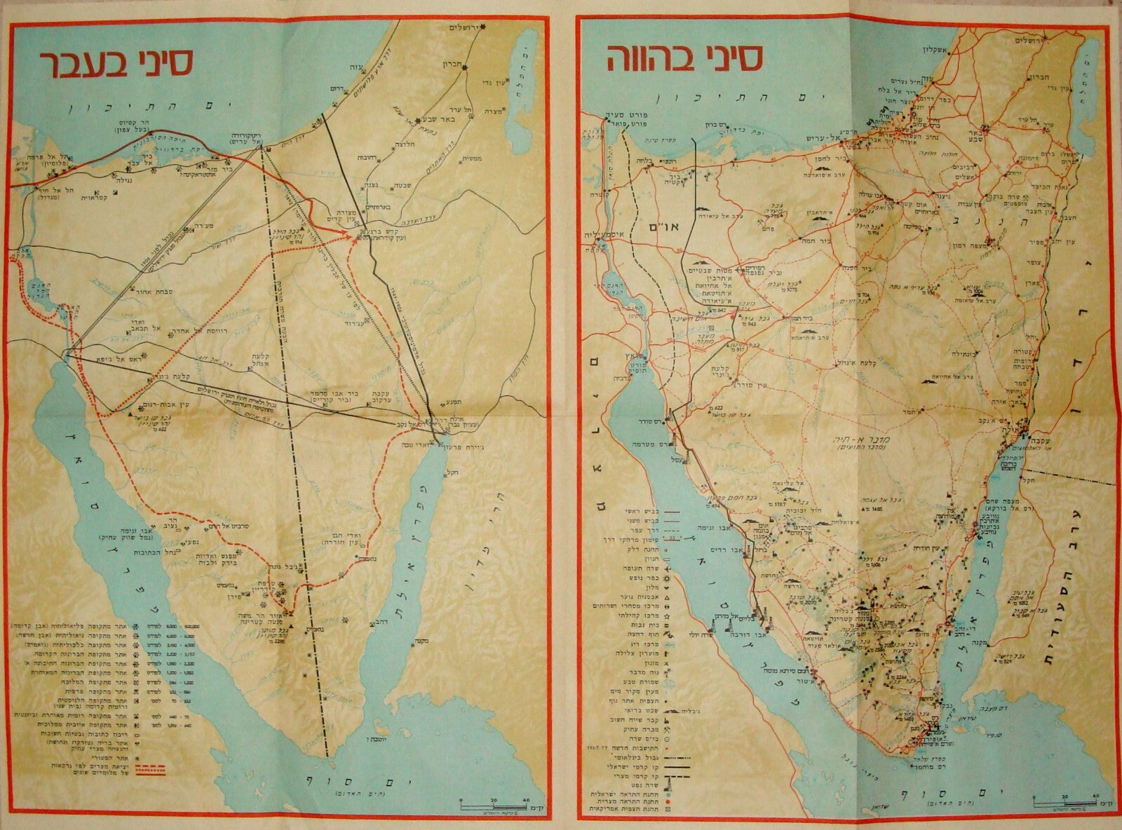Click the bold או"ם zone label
point(663,232)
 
